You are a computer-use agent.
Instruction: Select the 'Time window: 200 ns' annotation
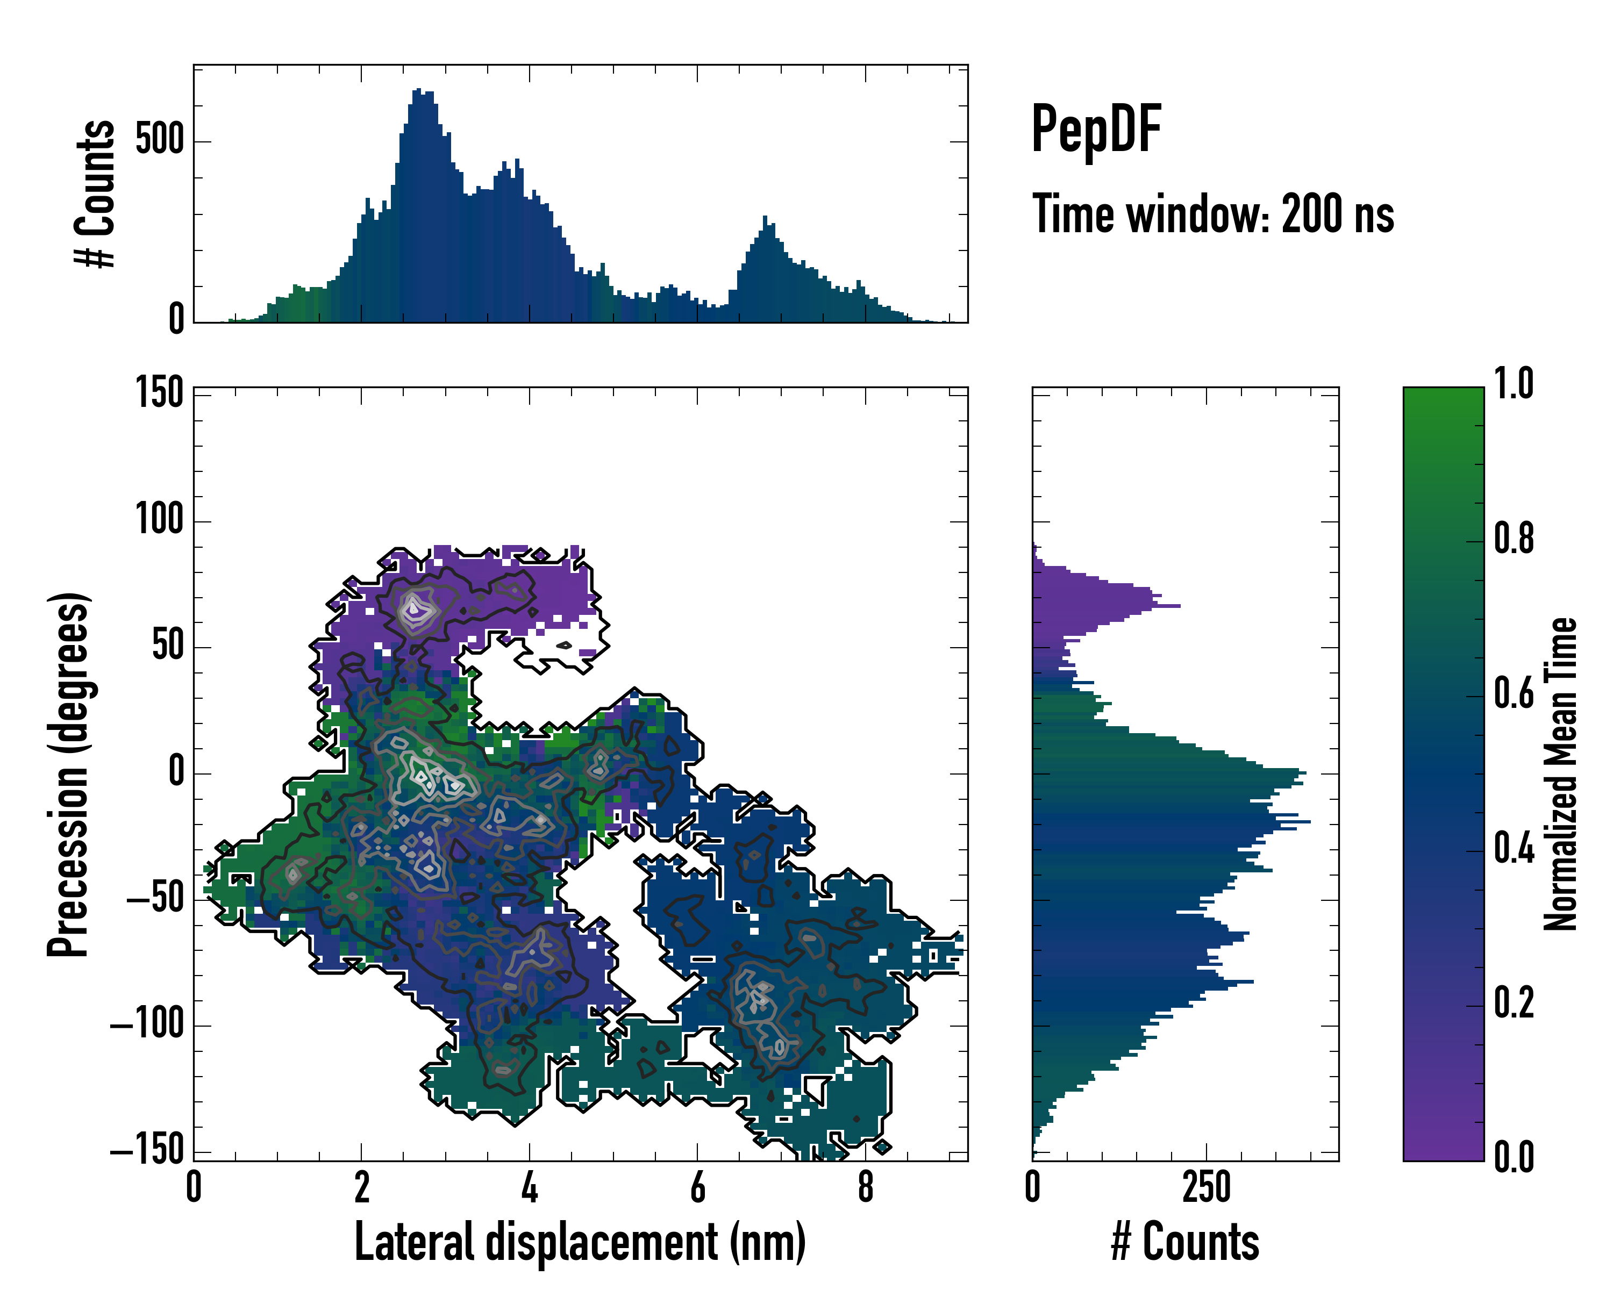(x=1213, y=214)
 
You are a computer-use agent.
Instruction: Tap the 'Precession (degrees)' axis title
(x=69, y=774)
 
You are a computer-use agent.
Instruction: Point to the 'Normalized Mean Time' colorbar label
(x=1561, y=774)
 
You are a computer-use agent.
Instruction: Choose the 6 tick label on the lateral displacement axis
(x=697, y=1187)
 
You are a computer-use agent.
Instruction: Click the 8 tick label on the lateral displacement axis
(x=866, y=1187)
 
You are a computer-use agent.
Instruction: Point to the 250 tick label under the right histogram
(x=1206, y=1187)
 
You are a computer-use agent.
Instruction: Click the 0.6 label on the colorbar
(x=1514, y=693)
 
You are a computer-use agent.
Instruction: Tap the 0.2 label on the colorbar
(x=1514, y=1003)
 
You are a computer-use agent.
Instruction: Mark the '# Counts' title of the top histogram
(x=96, y=193)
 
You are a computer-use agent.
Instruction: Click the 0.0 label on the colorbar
(x=1514, y=1157)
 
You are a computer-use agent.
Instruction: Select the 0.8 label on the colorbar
(x=1514, y=539)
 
